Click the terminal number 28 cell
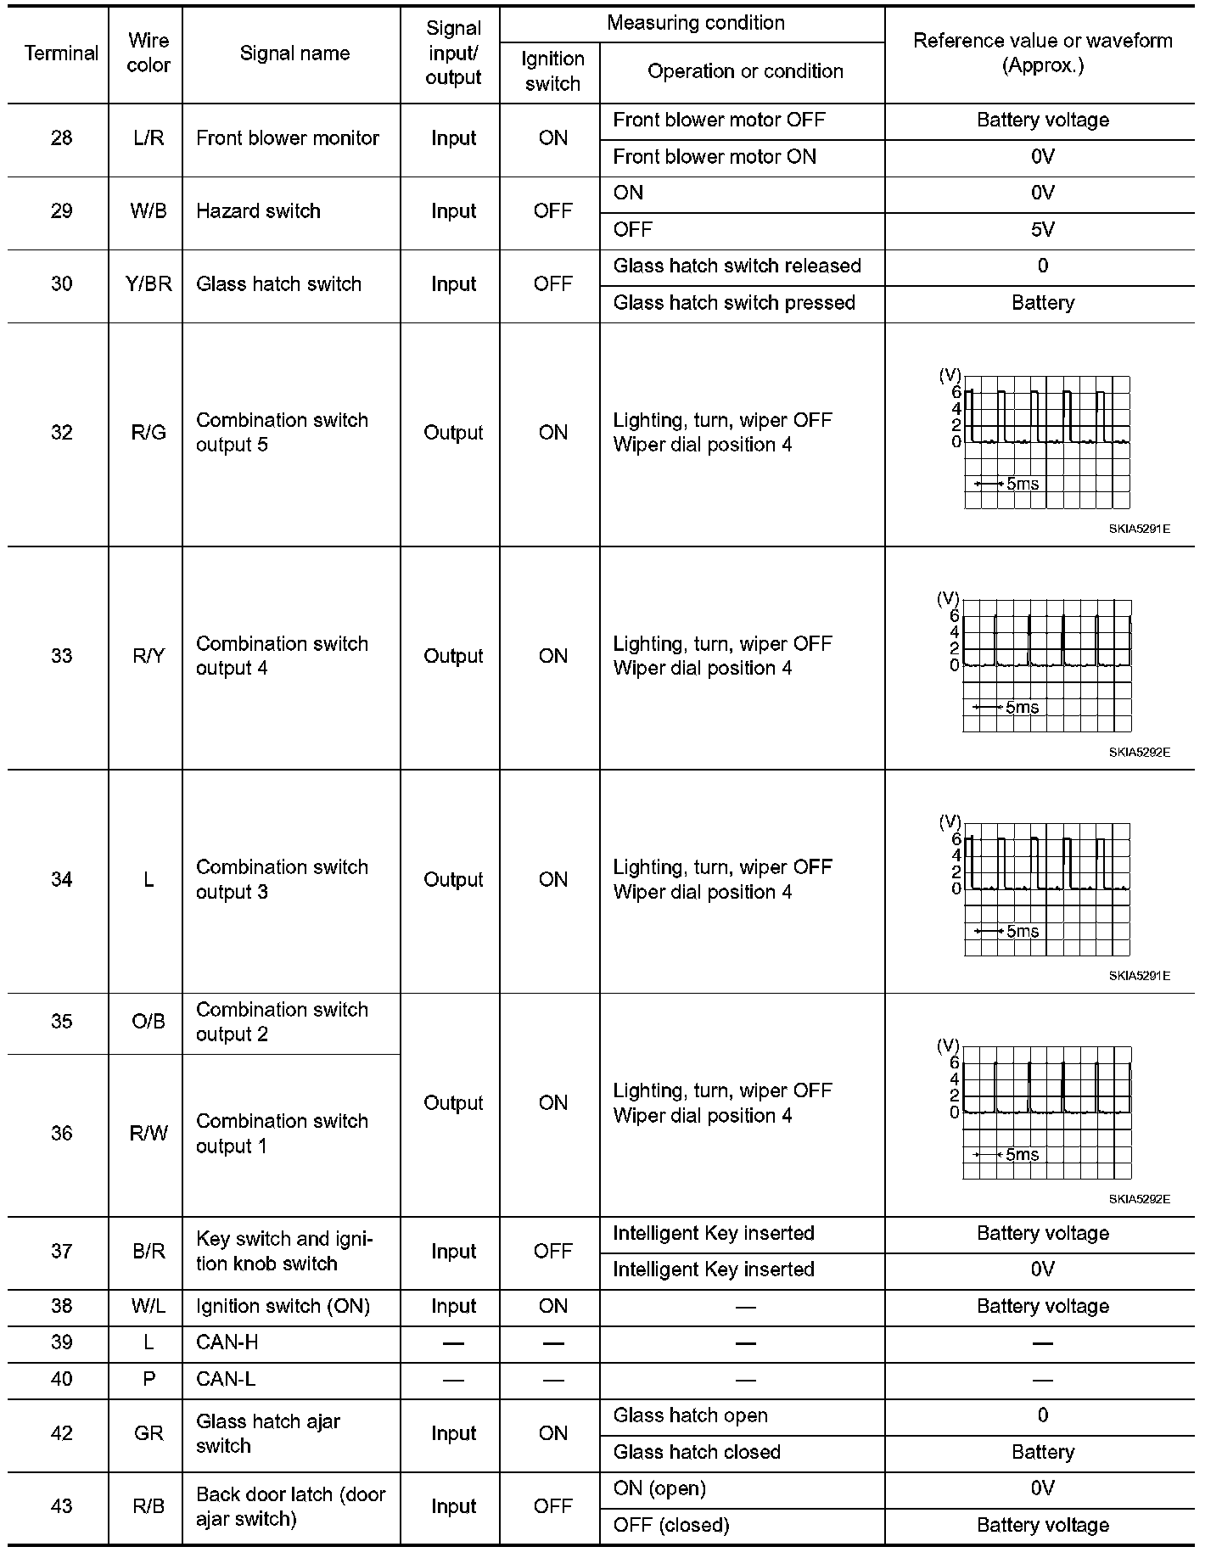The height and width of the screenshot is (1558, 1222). [61, 138]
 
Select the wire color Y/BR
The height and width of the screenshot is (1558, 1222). [148, 284]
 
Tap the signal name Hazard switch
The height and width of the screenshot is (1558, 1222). [258, 211]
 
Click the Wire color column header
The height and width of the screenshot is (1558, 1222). [148, 53]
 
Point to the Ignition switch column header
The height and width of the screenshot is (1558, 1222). [552, 72]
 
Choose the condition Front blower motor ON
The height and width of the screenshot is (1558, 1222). [715, 157]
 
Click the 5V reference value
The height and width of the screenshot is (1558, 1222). [1042, 230]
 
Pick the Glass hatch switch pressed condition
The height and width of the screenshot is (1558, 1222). [734, 303]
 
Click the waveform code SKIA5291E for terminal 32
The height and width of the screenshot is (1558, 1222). [1139, 530]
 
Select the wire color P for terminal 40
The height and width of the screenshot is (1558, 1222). [149, 1379]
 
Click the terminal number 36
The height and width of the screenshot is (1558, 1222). [61, 1134]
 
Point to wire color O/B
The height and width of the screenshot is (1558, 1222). [148, 1022]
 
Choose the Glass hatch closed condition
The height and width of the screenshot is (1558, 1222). [697, 1452]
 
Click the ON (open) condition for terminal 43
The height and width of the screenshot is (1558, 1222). [659, 1488]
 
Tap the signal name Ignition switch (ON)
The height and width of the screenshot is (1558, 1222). [283, 1306]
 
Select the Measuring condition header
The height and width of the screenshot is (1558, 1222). [695, 24]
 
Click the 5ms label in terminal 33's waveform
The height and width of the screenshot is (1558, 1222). [1022, 708]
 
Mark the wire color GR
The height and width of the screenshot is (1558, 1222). [148, 1433]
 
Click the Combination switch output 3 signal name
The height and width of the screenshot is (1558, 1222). [282, 880]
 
